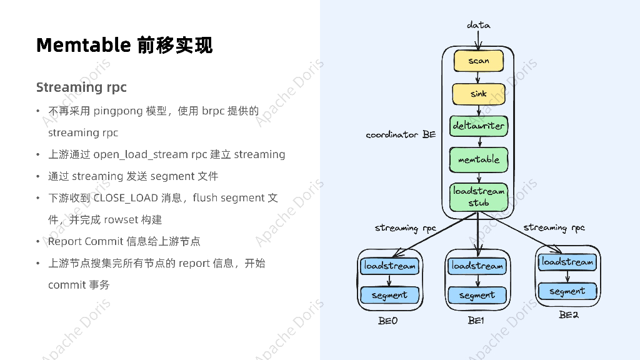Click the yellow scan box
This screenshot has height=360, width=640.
click(478, 61)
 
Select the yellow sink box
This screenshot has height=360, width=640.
click(478, 94)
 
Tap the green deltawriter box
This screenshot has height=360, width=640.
click(478, 126)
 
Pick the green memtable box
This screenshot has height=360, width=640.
click(478, 159)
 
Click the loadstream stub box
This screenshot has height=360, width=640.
click(479, 197)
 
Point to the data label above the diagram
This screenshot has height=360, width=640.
click(479, 25)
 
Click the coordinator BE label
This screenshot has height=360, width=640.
click(401, 134)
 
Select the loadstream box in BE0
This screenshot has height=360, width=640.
click(389, 266)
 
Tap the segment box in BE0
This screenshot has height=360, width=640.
click(389, 295)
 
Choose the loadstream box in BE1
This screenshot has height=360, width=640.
click(477, 266)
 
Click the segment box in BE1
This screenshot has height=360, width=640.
click(477, 295)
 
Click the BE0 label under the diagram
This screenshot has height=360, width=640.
click(387, 321)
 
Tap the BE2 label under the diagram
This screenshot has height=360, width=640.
click(568, 315)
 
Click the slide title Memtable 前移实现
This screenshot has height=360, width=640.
click(124, 45)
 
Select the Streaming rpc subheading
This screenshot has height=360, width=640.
click(81, 87)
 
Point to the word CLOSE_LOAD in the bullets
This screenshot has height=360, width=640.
click(126, 198)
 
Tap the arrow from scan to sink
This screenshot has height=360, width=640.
click(478, 77)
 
